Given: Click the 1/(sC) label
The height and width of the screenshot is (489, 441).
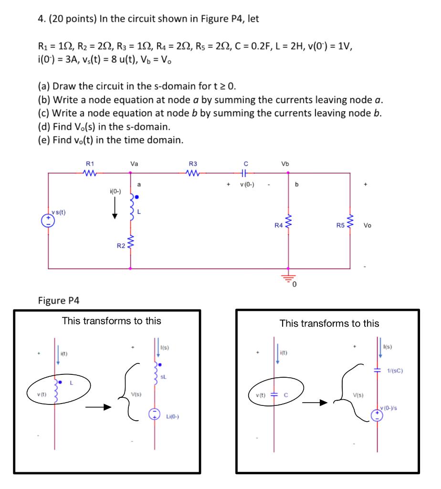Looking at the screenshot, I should (x=396, y=370).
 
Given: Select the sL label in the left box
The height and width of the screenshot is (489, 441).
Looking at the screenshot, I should (x=164, y=376).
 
